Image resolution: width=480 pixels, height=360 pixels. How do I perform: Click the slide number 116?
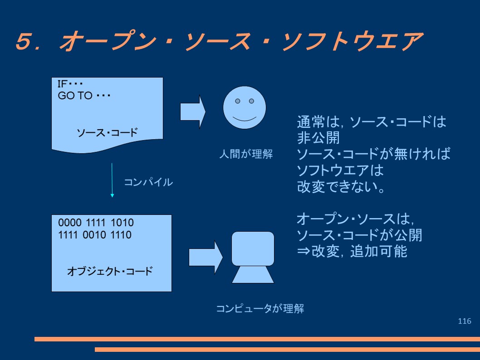click(465, 321)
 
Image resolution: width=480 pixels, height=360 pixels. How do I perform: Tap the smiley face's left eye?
click(238, 101)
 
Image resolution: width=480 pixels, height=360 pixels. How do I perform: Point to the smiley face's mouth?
click(244, 119)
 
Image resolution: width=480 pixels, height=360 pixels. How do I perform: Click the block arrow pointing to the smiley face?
click(193, 112)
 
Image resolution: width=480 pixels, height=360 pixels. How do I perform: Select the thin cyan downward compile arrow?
click(112, 180)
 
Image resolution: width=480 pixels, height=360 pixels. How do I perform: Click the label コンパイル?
click(148, 182)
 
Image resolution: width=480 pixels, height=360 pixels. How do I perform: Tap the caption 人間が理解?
click(246, 154)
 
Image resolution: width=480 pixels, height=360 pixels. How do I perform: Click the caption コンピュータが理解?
click(260, 309)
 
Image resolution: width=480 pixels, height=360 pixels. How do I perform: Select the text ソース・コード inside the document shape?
click(107, 133)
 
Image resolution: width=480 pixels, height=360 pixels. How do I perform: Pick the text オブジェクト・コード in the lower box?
click(110, 271)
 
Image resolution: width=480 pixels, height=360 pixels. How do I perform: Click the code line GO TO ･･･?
click(84, 96)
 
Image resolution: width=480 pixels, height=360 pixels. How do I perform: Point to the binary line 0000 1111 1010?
click(96, 222)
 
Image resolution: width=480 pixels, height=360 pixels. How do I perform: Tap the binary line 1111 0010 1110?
click(94, 235)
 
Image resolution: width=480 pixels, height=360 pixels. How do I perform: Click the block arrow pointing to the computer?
click(206, 258)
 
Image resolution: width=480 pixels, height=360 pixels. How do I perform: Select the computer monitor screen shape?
click(253, 248)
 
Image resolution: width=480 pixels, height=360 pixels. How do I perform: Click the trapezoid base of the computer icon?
click(253, 274)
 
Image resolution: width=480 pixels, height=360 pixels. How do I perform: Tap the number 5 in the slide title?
click(24, 41)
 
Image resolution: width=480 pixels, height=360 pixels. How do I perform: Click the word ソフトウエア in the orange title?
click(352, 41)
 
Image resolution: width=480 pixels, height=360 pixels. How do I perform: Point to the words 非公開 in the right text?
click(318, 138)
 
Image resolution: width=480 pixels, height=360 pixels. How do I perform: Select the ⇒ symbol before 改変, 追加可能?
click(304, 252)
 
